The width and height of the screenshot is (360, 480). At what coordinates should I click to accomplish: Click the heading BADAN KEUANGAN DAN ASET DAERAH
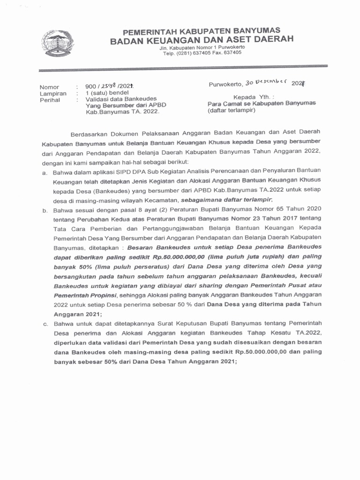[x=202, y=41]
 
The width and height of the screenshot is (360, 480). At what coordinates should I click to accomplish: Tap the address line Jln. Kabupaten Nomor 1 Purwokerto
[x=202, y=48]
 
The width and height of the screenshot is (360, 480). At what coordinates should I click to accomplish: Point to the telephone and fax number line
[x=202, y=53]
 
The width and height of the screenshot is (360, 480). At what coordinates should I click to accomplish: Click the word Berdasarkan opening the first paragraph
[x=92, y=134]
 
